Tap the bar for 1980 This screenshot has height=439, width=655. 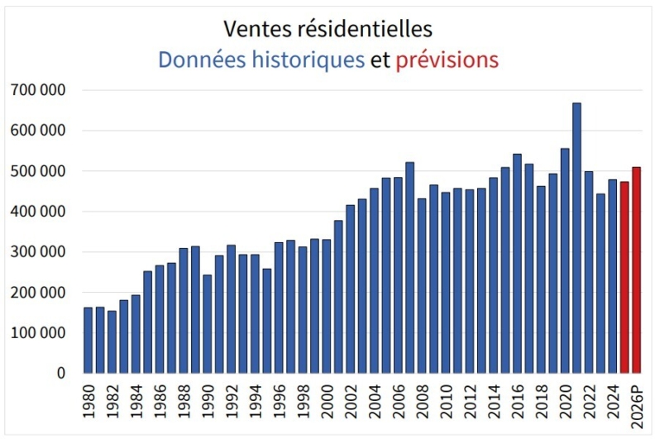[88, 340]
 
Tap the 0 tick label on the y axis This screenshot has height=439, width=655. [61, 373]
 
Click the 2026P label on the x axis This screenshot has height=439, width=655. [637, 405]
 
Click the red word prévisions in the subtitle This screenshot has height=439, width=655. [447, 60]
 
